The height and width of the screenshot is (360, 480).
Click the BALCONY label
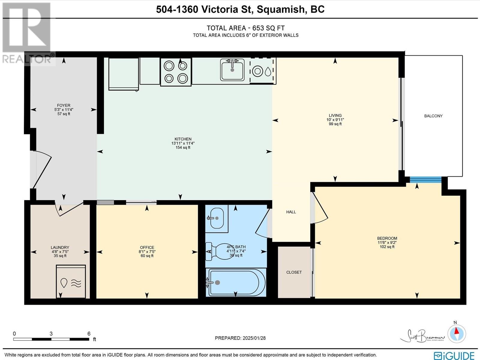[433, 116]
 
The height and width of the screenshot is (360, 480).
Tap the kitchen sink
[232, 70]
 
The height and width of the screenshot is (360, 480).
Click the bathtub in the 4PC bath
[236, 282]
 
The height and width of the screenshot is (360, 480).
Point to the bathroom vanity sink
[217, 218]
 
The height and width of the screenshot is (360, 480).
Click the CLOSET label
[294, 272]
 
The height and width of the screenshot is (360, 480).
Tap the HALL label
[291, 212]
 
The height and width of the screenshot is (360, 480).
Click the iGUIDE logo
[454, 355]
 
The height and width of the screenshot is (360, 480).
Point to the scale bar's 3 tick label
[51, 334]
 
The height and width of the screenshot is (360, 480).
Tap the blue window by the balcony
[425, 180]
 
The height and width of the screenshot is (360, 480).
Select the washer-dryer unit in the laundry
[71, 281]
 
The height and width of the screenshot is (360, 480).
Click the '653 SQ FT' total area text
[268, 28]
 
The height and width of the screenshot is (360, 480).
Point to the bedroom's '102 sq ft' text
[387, 247]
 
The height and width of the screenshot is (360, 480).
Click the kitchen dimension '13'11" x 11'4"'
[183, 143]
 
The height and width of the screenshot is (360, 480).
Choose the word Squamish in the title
[280, 9]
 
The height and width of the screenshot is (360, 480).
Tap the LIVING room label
[335, 115]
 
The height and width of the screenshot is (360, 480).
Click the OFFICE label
[147, 247]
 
